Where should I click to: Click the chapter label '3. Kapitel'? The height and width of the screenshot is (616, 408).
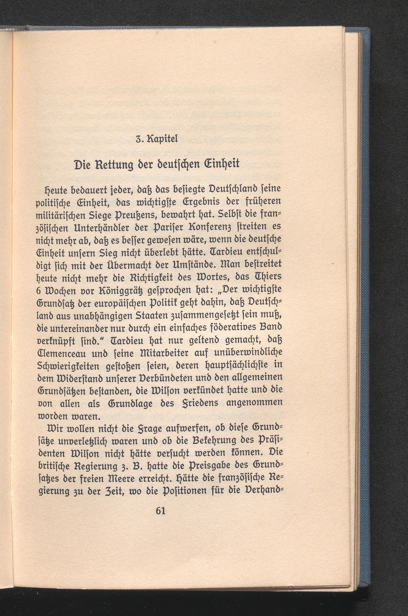pyautogui.click(x=157, y=139)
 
